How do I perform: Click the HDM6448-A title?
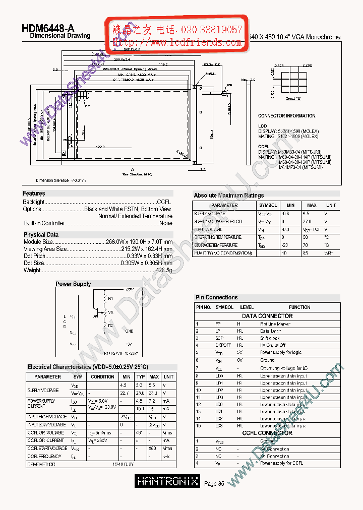(48, 29)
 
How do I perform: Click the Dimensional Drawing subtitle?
(60, 36)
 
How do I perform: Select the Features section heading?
(34, 194)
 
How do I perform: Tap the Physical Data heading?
(41, 235)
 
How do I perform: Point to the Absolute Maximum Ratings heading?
(229, 196)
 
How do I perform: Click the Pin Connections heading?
(216, 297)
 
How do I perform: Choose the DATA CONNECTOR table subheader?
(267, 316)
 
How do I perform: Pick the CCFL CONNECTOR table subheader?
(267, 433)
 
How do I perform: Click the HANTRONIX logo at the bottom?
(168, 482)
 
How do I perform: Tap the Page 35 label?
(214, 484)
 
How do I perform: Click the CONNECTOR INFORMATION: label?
(287, 116)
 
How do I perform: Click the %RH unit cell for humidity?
(330, 253)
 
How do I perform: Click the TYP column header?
(141, 376)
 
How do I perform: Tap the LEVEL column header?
(247, 307)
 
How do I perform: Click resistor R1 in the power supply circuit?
(110, 298)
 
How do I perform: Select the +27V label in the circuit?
(129, 290)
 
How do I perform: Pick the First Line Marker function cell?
(275, 324)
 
